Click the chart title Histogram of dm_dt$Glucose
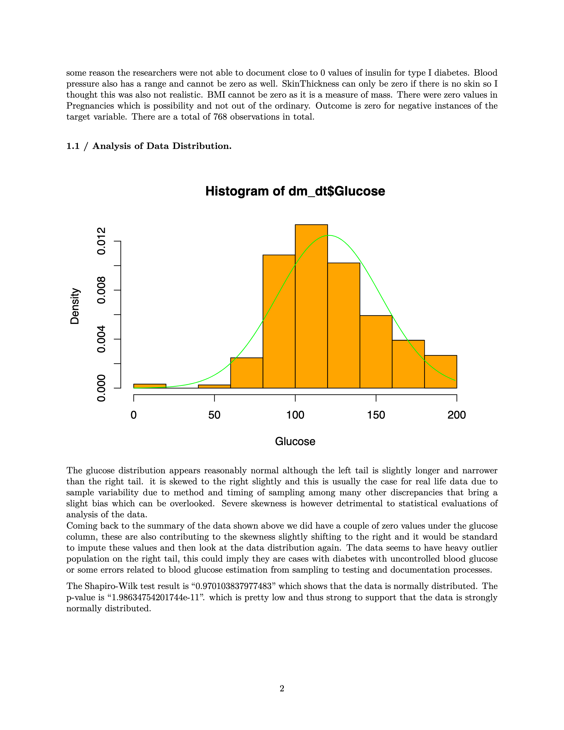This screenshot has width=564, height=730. (295, 192)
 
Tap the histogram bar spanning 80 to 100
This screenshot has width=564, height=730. (279, 321)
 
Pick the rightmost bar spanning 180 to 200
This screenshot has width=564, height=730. (440, 371)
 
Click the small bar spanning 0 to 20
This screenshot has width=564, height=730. (150, 386)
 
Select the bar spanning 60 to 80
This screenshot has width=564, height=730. (246, 373)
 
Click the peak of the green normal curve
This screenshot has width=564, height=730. (329, 236)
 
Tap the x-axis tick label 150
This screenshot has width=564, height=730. (376, 415)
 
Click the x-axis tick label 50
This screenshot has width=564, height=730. (214, 415)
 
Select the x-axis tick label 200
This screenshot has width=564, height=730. (456, 415)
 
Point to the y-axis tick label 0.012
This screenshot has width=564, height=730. (101, 241)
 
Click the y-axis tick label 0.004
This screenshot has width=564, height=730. (101, 339)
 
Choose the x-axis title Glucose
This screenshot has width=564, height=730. (295, 441)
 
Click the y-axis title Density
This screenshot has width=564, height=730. (75, 306)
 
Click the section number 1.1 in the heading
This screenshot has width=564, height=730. (73, 146)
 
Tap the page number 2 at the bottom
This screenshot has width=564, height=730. (282, 688)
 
